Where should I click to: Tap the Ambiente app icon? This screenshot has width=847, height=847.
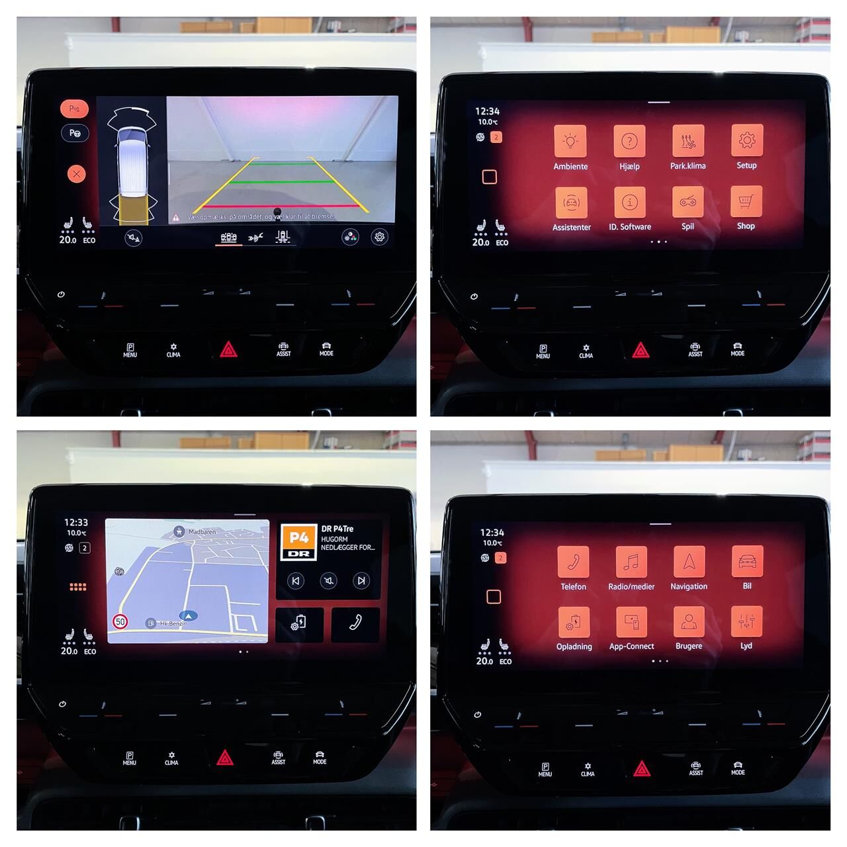570,141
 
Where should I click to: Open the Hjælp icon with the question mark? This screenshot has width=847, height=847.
629,141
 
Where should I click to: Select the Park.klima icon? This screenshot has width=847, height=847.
688,140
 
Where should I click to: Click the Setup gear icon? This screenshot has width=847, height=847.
747,140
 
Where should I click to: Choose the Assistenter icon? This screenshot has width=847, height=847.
571,202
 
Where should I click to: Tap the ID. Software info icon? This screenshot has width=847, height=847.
630,202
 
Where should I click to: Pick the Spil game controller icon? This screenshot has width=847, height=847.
688,201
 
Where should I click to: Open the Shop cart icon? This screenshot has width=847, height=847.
746,201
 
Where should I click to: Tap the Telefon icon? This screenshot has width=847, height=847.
573,562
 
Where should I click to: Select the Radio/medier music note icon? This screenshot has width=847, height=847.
631,562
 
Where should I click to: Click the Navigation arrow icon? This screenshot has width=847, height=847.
689,561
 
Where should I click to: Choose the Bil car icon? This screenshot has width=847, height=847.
747,561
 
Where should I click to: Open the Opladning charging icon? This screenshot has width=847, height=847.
574,622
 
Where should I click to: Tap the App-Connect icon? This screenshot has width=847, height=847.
631,622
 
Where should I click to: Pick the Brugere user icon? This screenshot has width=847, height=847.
689,621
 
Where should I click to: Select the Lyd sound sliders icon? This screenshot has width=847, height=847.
746,621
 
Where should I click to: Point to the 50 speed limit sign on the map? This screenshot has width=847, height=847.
120,622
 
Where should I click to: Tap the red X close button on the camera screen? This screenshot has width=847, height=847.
76,174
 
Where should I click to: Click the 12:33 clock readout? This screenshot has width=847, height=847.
76,523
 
